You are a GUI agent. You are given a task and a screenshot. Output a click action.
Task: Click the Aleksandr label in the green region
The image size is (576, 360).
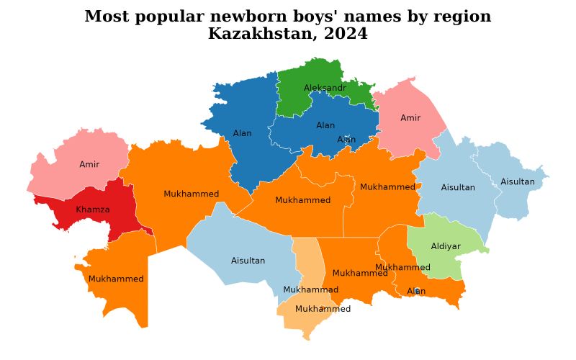(x=325, y=88)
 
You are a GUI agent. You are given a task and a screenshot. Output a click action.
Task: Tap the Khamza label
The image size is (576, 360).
(x=93, y=210)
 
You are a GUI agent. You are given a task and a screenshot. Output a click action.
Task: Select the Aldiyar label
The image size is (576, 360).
(x=446, y=246)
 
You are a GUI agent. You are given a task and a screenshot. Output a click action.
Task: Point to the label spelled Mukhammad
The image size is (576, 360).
(x=310, y=289)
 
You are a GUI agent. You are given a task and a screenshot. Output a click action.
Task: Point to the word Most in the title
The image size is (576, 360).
(x=105, y=17)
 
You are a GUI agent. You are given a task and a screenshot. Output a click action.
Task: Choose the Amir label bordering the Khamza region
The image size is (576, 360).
(x=89, y=164)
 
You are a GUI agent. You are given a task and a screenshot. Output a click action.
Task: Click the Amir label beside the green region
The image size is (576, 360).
(x=410, y=117)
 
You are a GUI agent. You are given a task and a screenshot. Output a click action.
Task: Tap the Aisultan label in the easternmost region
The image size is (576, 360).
(x=518, y=181)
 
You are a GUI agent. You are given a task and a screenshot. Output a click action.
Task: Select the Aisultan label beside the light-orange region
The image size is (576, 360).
(x=248, y=261)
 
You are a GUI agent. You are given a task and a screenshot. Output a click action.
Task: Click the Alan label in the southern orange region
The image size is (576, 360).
(x=416, y=291)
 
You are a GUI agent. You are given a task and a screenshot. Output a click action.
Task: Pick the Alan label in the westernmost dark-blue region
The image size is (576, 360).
(x=243, y=133)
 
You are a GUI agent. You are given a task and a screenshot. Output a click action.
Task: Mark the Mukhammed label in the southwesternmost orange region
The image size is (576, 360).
(x=116, y=279)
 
